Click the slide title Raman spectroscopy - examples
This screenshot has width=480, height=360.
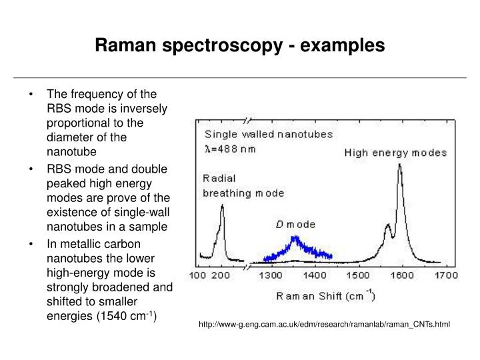pos(239,45)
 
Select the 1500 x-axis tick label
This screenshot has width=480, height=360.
pos(357,275)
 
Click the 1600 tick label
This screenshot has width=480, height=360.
pos(401,275)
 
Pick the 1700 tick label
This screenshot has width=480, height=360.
pos(445,275)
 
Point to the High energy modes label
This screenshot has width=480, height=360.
pos(395,153)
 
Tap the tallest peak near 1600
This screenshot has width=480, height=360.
pos(400,167)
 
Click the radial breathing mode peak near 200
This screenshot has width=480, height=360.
pos(222,208)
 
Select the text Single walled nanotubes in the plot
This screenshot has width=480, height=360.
pos(269,134)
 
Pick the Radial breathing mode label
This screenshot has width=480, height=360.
pos(243,185)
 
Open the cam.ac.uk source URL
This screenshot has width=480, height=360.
pos(325,325)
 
